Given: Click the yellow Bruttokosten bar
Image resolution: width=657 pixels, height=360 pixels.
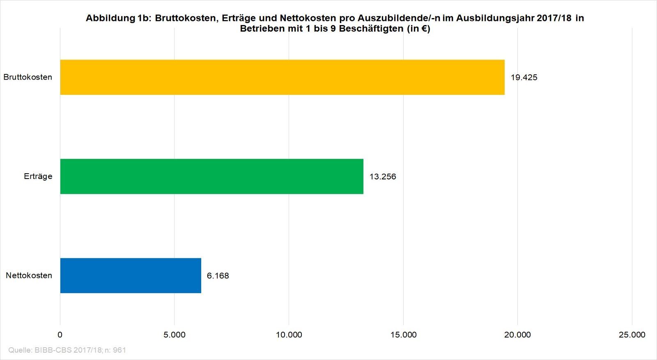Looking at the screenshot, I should click(x=282, y=77).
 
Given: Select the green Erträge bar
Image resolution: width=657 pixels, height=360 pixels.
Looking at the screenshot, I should click(x=211, y=177).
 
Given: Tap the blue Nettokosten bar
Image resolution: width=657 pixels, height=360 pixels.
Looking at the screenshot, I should click(x=131, y=275).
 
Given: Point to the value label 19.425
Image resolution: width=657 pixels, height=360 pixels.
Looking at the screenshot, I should click(x=524, y=78).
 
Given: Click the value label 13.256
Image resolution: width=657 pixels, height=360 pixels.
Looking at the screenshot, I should click(x=383, y=177).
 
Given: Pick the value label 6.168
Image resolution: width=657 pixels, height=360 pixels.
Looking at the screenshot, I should click(x=218, y=276).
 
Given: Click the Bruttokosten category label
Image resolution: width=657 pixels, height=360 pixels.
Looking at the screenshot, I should click(x=28, y=77).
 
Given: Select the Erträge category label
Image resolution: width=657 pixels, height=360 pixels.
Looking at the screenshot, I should click(x=38, y=177).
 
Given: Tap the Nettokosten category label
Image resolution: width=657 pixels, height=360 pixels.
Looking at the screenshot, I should click(x=29, y=275).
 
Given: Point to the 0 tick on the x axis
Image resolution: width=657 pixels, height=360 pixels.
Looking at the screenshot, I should click(x=60, y=335).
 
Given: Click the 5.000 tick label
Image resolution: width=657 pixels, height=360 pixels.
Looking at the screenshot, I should click(x=175, y=335).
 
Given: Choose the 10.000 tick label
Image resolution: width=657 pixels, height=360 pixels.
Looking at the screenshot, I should click(x=289, y=335).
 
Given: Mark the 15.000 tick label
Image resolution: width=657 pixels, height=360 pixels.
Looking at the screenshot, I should click(x=403, y=335).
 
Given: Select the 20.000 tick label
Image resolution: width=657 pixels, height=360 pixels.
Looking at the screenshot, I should click(x=517, y=335).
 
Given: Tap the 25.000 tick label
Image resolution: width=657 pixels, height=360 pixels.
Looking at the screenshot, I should click(x=632, y=335).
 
